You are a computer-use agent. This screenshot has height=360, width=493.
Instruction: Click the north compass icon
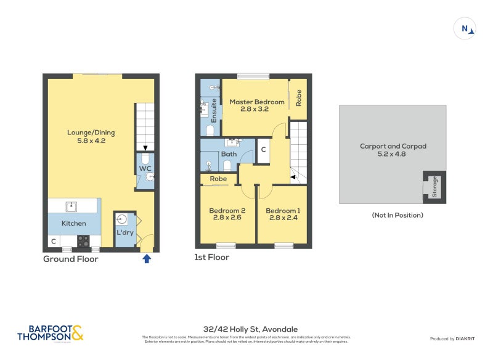pyautogui.click(x=465, y=28)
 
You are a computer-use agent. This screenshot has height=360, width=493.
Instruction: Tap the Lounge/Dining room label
pyautogui.click(x=91, y=133)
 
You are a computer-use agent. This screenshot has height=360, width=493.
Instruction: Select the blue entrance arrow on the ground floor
pyautogui.click(x=147, y=259)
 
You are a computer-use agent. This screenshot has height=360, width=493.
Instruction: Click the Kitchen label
pyautogui.click(x=74, y=223)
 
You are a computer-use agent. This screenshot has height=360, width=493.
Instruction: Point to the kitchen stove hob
pyautogui.click(x=83, y=241)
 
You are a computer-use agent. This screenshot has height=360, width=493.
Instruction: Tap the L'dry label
pyautogui.click(x=125, y=232)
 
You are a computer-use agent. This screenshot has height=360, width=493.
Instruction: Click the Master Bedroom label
pyautogui.click(x=256, y=102)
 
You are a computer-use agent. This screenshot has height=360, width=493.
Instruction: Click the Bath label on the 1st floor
pyautogui.click(x=229, y=154)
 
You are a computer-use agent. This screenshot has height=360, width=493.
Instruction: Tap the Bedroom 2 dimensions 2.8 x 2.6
pyautogui.click(x=226, y=218)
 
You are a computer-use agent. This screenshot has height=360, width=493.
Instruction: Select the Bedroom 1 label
pyautogui.click(x=282, y=210)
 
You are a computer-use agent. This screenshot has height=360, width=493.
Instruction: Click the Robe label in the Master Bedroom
pyautogui.click(x=299, y=99)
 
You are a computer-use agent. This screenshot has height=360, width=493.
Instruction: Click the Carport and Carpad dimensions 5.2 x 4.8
pyautogui.click(x=393, y=154)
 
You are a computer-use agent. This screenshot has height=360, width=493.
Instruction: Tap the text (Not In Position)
pyautogui.click(x=397, y=215)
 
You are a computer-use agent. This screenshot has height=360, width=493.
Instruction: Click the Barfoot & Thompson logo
pyautogui.click(x=49, y=333)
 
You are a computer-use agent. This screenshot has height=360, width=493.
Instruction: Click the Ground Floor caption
pyautogui.click(x=70, y=259)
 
